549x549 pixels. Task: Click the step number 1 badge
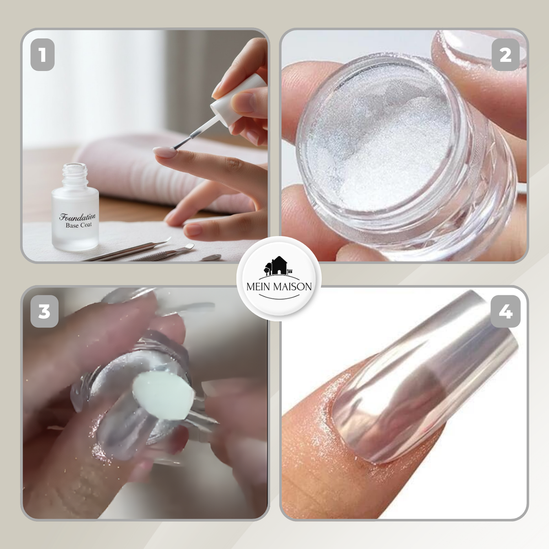click(43, 55)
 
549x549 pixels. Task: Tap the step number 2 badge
click(506, 55)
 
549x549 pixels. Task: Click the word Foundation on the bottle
click(77, 217)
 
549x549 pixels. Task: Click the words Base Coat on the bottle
click(79, 225)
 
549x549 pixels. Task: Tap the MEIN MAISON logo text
click(279, 286)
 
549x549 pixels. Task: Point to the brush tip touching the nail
click(174, 147)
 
